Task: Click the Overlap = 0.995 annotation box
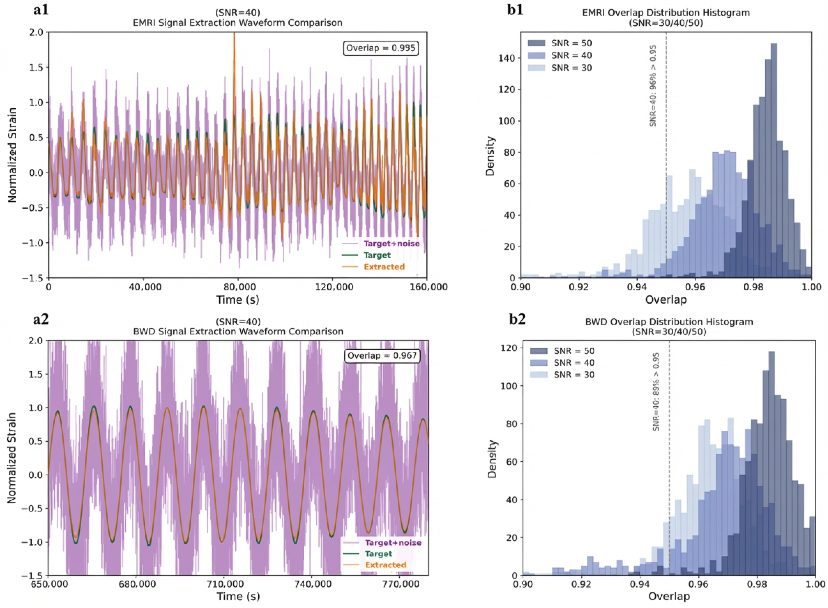coord(381,48)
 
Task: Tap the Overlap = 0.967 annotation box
coord(382,355)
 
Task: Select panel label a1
coord(41,10)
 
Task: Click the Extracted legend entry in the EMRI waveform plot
coord(384,267)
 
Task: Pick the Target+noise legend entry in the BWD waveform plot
coord(393,543)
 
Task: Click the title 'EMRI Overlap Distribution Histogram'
coord(666,13)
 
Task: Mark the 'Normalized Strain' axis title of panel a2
coord(12,458)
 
